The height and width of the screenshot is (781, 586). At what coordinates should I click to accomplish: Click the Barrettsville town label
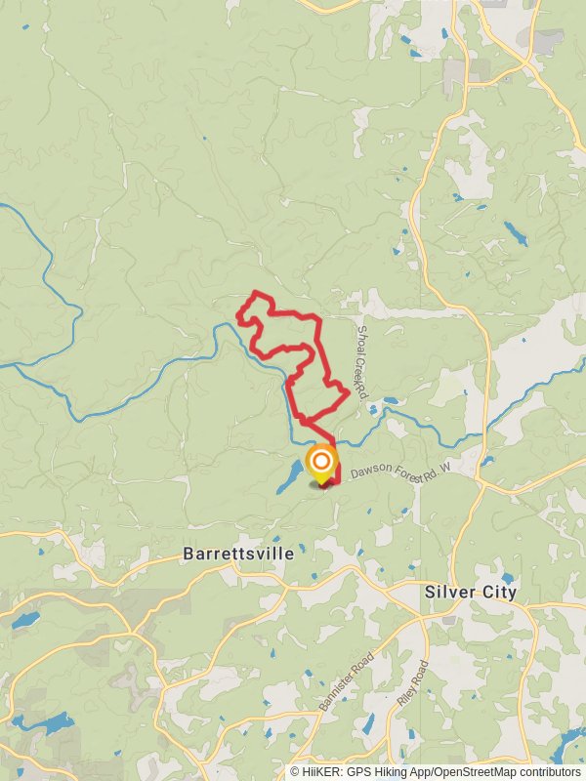(237, 554)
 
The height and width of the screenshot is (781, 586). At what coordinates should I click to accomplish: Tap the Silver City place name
(470, 592)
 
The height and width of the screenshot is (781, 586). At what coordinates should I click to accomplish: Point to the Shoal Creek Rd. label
(360, 361)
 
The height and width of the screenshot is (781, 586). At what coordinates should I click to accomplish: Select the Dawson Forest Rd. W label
(400, 472)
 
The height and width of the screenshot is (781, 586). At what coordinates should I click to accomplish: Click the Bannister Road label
(347, 680)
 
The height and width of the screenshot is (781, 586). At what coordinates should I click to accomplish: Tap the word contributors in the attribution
(548, 771)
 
